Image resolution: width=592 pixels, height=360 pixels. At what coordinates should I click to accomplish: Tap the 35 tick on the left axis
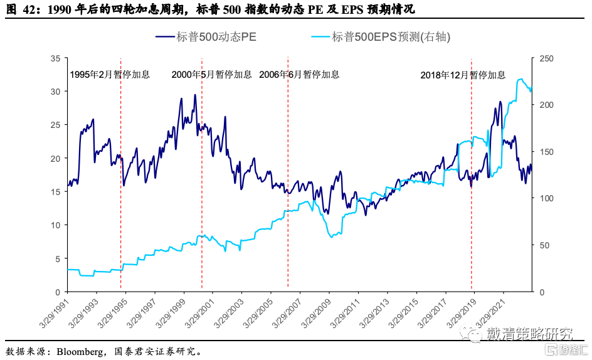click(x=56, y=58)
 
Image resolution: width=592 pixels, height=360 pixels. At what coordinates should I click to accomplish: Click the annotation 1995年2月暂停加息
click(x=110, y=75)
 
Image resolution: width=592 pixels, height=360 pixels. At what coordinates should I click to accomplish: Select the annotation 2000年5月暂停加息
click(x=212, y=75)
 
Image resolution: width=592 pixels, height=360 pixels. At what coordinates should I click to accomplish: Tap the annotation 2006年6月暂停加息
click(x=299, y=75)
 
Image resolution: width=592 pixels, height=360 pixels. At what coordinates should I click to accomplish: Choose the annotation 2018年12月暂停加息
click(x=463, y=75)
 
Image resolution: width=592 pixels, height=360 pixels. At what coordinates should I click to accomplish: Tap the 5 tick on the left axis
click(x=58, y=258)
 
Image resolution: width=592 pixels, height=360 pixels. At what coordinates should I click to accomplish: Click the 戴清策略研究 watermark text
click(x=530, y=335)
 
